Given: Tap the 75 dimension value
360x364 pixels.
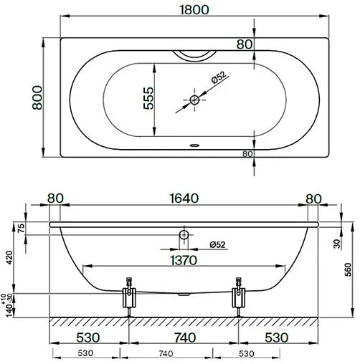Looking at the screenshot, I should click(x=21, y=228).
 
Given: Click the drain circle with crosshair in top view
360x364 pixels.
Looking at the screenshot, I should click(x=194, y=100).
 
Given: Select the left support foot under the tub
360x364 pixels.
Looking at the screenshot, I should click(x=130, y=296).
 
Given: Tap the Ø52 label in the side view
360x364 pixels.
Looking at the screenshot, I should click(x=217, y=244).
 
